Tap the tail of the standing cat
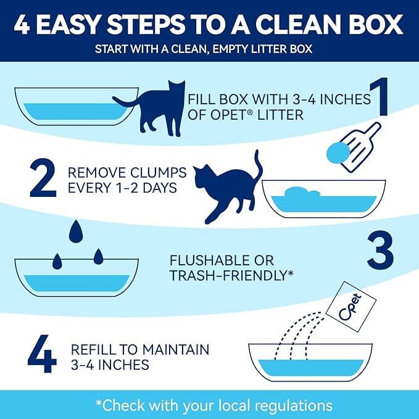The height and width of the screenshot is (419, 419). coord(123,101)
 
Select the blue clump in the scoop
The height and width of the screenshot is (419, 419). coord(339,152)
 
